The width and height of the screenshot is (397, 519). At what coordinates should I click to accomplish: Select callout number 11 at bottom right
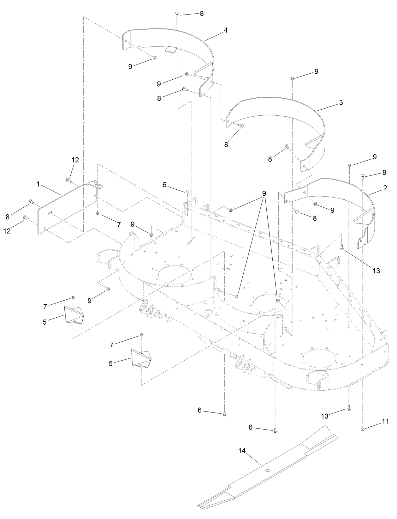385,421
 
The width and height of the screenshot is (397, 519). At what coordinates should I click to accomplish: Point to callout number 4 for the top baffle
226,30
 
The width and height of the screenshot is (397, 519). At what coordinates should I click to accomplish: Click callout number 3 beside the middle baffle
341,102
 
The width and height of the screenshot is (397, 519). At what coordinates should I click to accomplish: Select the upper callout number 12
75,160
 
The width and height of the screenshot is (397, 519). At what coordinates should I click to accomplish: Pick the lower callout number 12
7,231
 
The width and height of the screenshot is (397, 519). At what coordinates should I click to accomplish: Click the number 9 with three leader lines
264,193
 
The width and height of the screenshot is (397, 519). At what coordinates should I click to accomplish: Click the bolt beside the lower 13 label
348,408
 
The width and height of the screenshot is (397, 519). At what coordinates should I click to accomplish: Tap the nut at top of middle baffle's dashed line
292,78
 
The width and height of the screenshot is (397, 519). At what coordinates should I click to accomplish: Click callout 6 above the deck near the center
164,185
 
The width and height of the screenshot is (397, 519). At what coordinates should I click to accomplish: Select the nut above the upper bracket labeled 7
73,297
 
